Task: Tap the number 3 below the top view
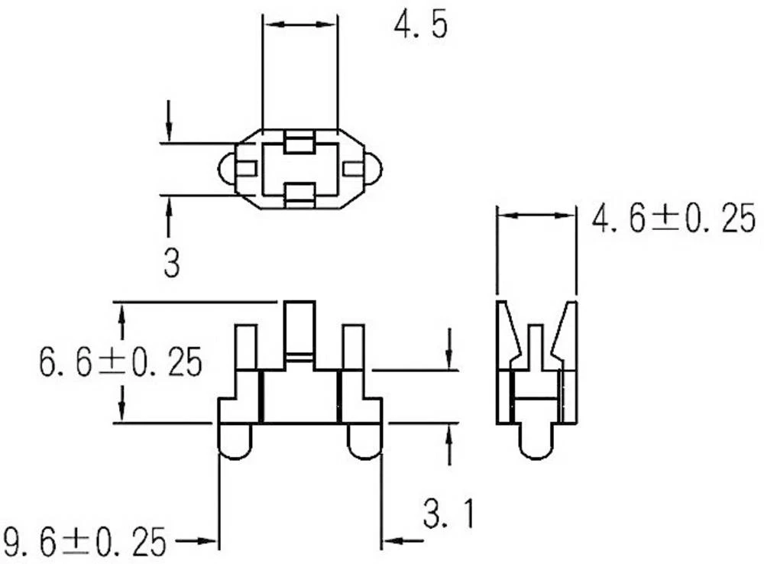click(x=172, y=264)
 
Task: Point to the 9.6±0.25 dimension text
click(x=85, y=542)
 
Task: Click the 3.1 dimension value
click(x=448, y=514)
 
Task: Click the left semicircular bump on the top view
click(x=226, y=169)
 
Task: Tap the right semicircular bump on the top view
click(x=374, y=169)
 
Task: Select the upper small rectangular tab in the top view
click(x=299, y=141)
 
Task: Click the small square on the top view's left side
click(x=246, y=169)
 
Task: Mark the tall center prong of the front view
click(x=299, y=329)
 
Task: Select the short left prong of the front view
click(x=244, y=348)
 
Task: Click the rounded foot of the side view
click(x=536, y=442)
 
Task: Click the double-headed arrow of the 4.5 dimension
click(x=299, y=25)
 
